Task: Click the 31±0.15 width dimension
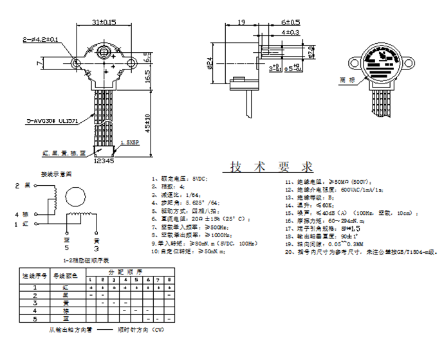coord(104,22)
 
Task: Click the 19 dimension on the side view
coord(241,22)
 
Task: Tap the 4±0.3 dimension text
coord(290,32)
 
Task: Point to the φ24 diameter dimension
coord(210,62)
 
